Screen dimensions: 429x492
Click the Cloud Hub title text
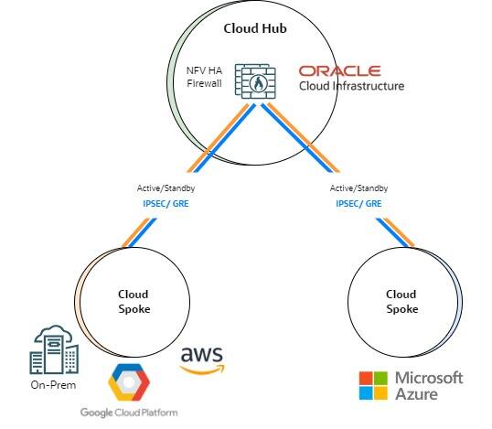point(255,28)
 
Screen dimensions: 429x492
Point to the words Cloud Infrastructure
point(351,87)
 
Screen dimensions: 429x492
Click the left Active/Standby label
point(166,188)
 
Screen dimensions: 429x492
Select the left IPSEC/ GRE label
point(166,203)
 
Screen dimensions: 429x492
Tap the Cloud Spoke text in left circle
point(134,302)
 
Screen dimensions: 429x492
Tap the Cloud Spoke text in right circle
point(401,302)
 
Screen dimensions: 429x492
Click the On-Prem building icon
point(54,349)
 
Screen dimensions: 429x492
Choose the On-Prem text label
point(53,385)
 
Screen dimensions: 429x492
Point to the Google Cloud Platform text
point(128,413)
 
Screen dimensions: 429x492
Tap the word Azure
point(416,393)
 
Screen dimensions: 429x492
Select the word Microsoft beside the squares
point(429,377)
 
